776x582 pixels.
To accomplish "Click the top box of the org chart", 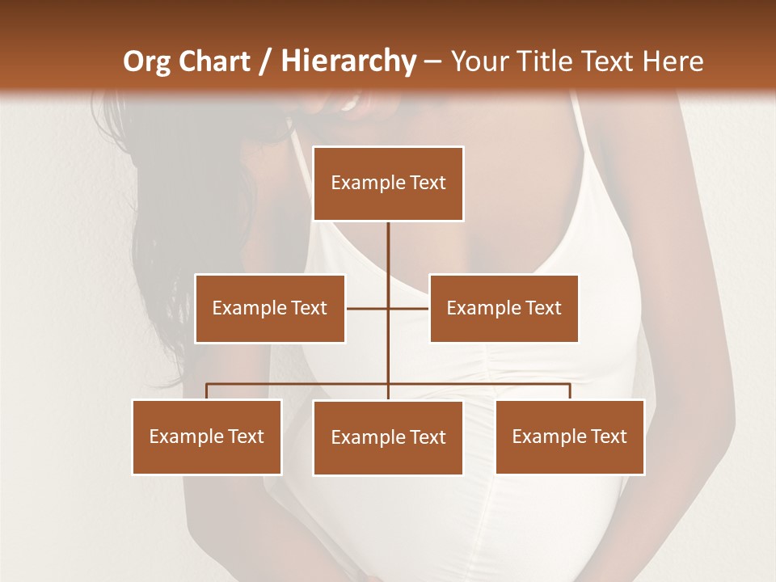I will (388, 183).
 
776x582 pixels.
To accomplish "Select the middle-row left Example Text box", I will (270, 308).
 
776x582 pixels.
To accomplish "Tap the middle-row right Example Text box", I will (504, 308).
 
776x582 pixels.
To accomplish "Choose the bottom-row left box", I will (207, 436).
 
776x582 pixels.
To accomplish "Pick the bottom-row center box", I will (388, 437).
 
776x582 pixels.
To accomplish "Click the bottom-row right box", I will (570, 436).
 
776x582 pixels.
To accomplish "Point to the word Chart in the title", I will (214, 61).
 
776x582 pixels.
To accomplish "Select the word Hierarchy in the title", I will (348, 61).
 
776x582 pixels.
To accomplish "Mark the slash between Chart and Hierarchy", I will (265, 61).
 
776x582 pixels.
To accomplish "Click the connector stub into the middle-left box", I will (366, 308).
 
